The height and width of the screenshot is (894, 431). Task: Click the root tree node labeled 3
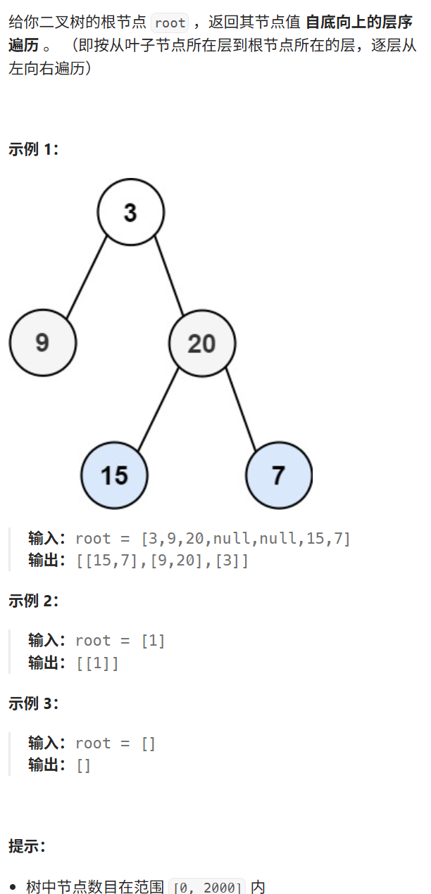tap(130, 212)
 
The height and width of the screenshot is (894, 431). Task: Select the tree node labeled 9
tap(42, 343)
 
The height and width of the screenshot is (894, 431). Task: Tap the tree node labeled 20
tap(202, 343)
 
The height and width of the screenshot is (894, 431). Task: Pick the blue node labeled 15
tap(114, 475)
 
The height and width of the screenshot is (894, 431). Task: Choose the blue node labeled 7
tap(279, 475)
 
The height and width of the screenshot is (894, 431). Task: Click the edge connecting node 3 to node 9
tap(87, 277)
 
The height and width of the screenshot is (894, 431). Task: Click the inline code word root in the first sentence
tap(170, 23)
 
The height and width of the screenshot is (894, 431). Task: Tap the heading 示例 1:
tap(34, 149)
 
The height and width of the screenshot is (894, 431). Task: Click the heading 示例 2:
tap(34, 601)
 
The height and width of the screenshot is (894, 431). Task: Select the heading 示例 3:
tap(34, 703)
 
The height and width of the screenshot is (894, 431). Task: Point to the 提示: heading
tap(27, 846)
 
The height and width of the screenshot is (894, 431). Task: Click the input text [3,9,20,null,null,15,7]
tap(246, 539)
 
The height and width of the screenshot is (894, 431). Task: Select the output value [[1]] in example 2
tap(98, 663)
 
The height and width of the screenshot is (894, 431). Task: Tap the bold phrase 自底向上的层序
tap(359, 23)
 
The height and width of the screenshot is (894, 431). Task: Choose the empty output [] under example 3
tap(83, 765)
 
